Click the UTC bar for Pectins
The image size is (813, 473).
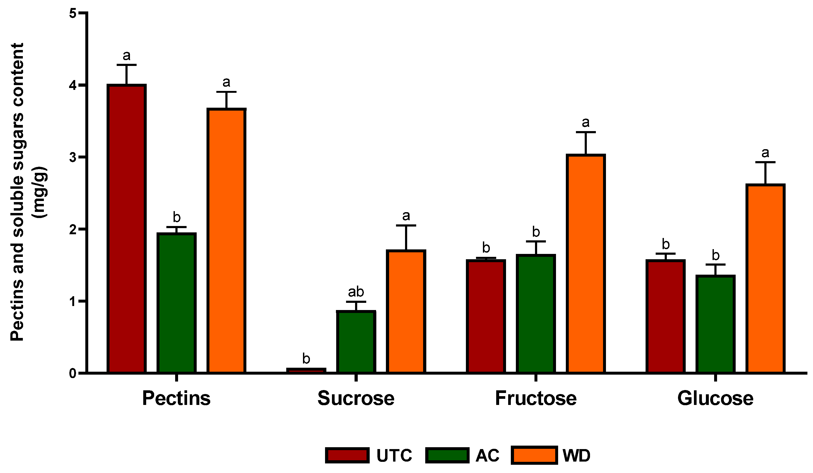pyautogui.click(x=127, y=229)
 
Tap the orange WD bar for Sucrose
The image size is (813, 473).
pyautogui.click(x=406, y=311)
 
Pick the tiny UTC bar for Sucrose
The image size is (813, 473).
pyautogui.click(x=306, y=371)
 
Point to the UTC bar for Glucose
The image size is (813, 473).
pyautogui.click(x=665, y=316)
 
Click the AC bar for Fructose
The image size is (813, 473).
pyautogui.click(x=536, y=314)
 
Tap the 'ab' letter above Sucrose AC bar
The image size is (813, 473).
pyautogui.click(x=356, y=292)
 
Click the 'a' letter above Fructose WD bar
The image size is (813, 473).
pyautogui.click(x=585, y=123)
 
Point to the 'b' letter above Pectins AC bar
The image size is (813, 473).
pyautogui.click(x=176, y=217)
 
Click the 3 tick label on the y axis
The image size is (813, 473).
pyautogui.click(x=73, y=157)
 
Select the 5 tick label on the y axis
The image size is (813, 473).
pyautogui.click(x=73, y=14)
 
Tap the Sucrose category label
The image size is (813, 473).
pyautogui.click(x=356, y=399)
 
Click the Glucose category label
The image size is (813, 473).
pyautogui.click(x=715, y=399)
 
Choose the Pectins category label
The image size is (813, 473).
pyautogui.click(x=176, y=399)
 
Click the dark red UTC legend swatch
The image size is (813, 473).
pyautogui.click(x=347, y=455)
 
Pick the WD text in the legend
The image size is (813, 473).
pyautogui.click(x=576, y=455)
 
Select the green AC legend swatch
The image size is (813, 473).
pyautogui.click(x=447, y=455)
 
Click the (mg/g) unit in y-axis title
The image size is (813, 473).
pyautogui.click(x=40, y=192)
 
